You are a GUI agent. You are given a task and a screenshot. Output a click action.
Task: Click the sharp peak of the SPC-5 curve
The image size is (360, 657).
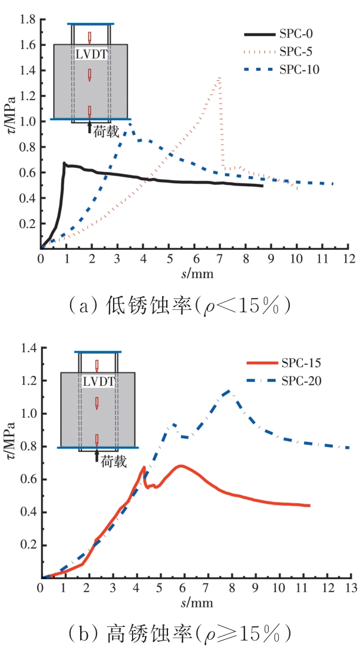220,77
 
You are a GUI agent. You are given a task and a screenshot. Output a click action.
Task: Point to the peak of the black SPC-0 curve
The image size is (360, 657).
64,163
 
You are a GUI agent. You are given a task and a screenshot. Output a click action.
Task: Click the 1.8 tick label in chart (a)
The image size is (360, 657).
27,20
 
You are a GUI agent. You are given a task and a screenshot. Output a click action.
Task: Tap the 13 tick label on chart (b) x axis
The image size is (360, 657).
351,587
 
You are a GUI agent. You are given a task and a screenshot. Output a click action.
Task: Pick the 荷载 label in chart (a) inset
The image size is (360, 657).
106,133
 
